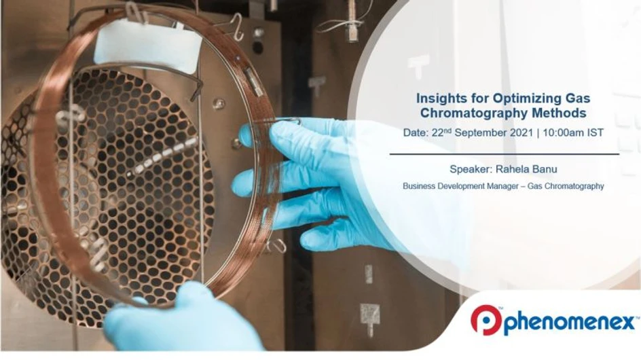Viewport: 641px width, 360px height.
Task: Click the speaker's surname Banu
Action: (545, 170)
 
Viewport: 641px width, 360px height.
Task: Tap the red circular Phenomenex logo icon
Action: (485, 320)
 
